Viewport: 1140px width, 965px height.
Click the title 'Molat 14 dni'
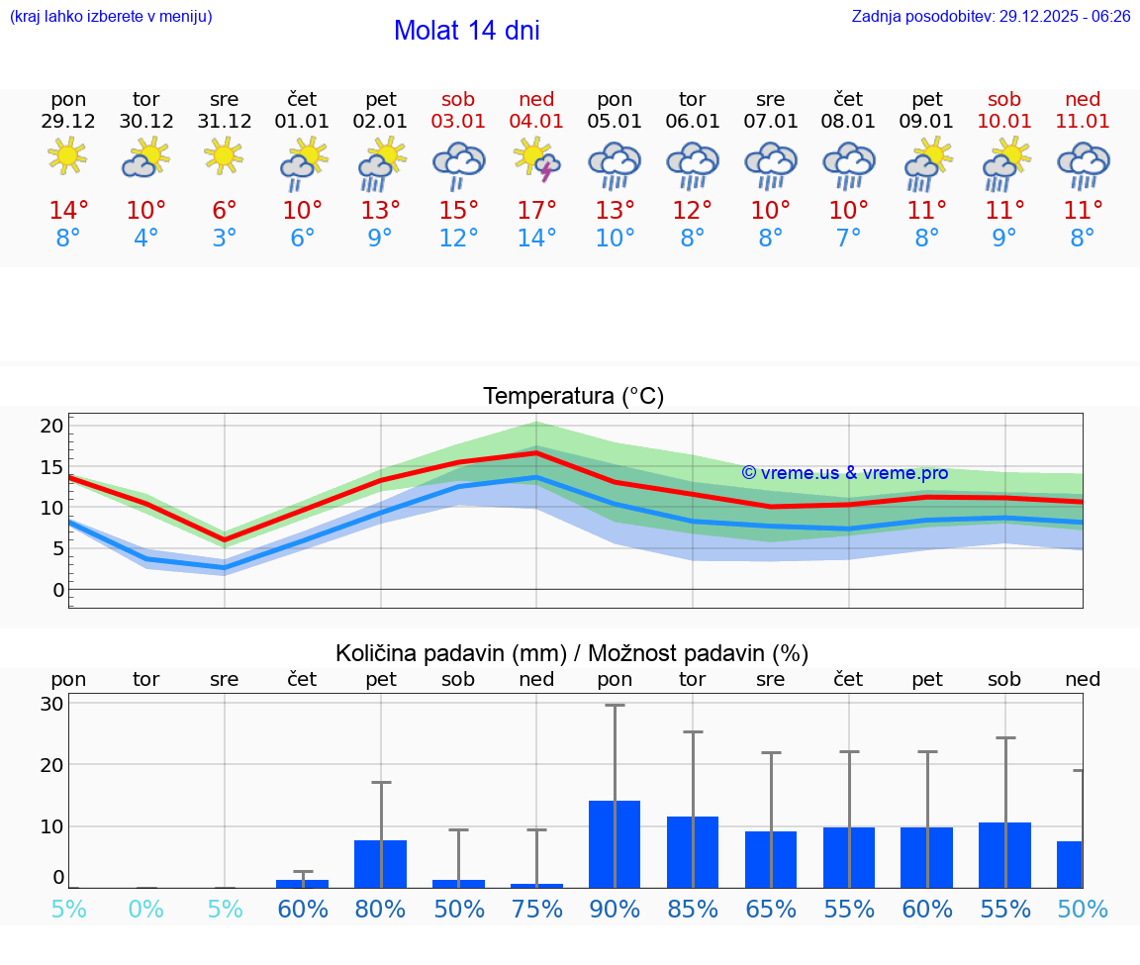tap(466, 31)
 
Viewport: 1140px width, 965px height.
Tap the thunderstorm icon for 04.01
tap(536, 159)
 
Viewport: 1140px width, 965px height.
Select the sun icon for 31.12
tap(225, 156)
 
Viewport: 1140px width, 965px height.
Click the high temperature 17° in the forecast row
tap(536, 211)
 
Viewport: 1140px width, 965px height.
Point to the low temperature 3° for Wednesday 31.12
tap(225, 239)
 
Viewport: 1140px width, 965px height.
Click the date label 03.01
tap(458, 122)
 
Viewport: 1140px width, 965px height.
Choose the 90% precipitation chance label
tap(615, 909)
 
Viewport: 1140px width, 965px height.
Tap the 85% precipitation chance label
tap(693, 909)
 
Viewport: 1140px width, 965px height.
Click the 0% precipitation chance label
tap(146, 909)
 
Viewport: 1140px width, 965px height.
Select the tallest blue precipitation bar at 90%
tap(615, 844)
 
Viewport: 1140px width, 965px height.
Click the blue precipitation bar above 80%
tap(381, 864)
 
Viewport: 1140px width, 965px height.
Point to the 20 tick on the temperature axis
tap(52, 427)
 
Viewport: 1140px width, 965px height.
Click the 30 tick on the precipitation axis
tap(52, 704)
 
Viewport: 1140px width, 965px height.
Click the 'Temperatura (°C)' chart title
tap(573, 397)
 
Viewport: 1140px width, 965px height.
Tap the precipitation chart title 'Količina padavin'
tap(572, 653)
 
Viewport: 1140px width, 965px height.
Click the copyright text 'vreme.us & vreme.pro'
tap(845, 473)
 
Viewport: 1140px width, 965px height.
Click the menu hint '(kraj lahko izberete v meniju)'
tap(110, 17)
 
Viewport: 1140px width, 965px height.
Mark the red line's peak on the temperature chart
tap(536, 453)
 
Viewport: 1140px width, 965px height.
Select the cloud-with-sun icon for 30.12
tap(146, 157)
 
